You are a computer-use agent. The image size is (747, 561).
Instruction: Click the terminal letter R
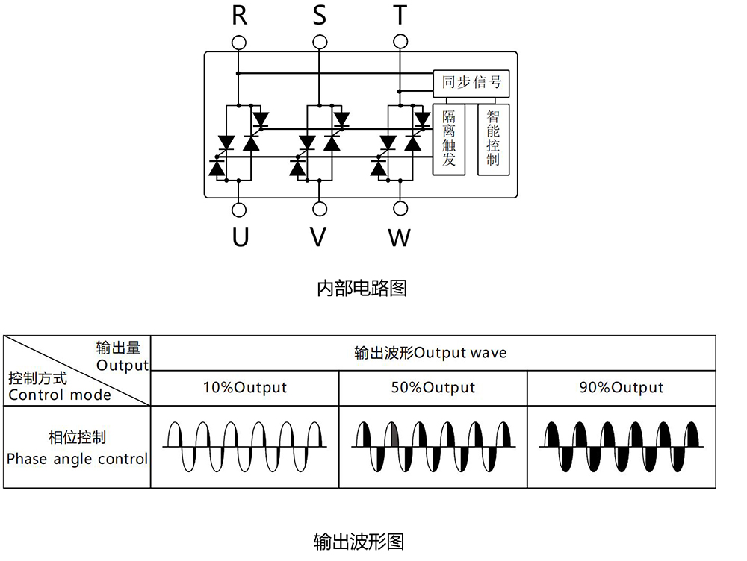[x=239, y=15]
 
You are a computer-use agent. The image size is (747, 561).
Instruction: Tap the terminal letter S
[x=320, y=15]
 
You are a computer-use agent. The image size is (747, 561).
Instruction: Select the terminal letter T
[x=400, y=15]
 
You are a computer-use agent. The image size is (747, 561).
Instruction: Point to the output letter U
[x=240, y=237]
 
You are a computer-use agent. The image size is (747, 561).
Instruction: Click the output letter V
[x=319, y=237]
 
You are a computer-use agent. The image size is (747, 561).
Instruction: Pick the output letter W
[x=400, y=238]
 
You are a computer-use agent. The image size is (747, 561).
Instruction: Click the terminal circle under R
[x=239, y=40]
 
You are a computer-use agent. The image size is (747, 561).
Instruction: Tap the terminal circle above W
[x=400, y=208]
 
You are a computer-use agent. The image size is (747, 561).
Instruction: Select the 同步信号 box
[x=471, y=84]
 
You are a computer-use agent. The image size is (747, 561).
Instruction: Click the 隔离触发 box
[x=449, y=140]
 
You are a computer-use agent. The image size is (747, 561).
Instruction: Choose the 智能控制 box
[x=493, y=140]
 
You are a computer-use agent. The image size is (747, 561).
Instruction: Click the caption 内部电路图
[x=362, y=288]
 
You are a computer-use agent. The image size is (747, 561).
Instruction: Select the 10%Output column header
[x=245, y=388]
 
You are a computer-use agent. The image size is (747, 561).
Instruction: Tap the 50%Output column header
[x=433, y=388]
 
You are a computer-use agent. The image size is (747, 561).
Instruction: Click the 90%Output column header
[x=622, y=388]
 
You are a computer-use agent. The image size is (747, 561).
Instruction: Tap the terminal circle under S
[x=320, y=40]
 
